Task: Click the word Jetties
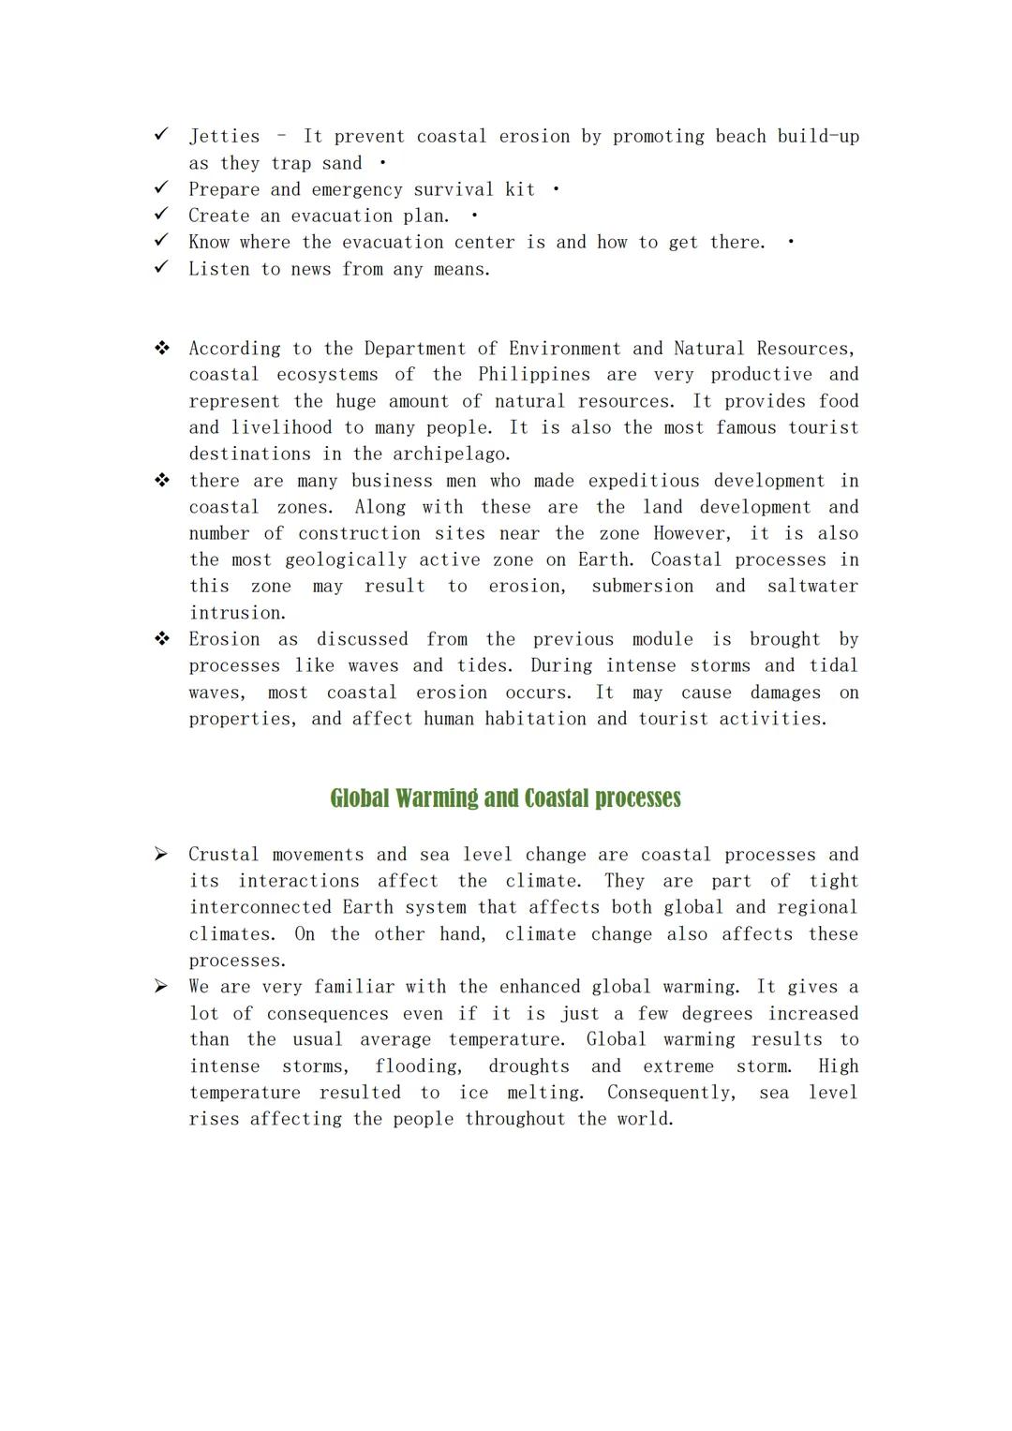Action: [x=224, y=137]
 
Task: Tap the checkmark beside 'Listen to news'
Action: [x=161, y=268]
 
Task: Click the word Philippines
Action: [x=534, y=375]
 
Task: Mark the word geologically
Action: [x=346, y=560]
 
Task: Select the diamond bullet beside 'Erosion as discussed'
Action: [x=162, y=639]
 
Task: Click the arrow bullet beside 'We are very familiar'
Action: [x=161, y=986]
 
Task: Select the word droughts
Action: [x=528, y=1066]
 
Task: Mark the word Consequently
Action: [x=671, y=1093]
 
